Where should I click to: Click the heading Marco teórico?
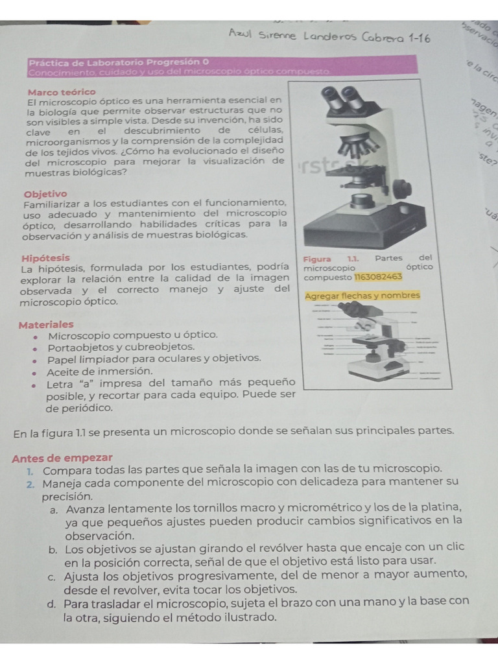[x=61, y=92]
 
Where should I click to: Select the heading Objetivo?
[x=45, y=194]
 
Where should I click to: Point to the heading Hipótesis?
[x=45, y=257]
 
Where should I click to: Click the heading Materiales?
[x=46, y=324]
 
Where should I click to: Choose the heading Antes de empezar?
[x=62, y=457]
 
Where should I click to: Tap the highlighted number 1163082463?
[x=378, y=277]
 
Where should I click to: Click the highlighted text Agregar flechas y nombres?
[x=362, y=296]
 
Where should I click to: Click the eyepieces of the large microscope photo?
[x=344, y=97]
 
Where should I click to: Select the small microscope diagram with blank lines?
[x=366, y=342]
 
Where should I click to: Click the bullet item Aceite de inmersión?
[x=100, y=371]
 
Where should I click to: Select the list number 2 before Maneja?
[x=31, y=484]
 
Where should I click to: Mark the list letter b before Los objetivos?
[x=52, y=549]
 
